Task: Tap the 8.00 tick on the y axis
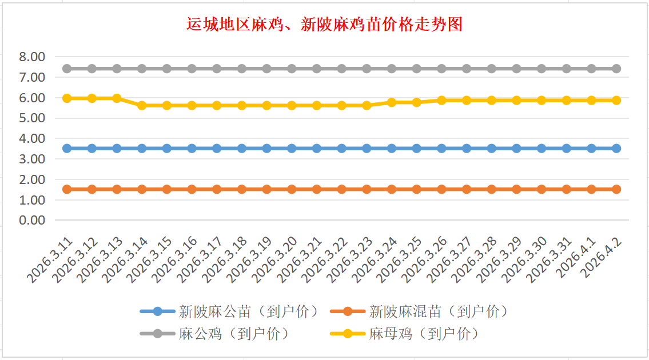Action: [x=32, y=57]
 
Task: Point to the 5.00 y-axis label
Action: [x=32, y=118]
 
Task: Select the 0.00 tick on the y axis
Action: [x=32, y=220]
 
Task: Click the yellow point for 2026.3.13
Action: [x=117, y=98]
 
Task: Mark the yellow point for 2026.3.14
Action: [x=142, y=105]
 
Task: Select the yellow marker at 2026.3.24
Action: [x=392, y=102]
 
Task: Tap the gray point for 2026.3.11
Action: [x=67, y=69]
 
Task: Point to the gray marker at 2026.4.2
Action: [x=616, y=69]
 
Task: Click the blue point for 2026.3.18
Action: [x=242, y=148]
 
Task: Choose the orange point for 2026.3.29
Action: [x=516, y=189]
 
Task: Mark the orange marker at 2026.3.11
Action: [x=67, y=189]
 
